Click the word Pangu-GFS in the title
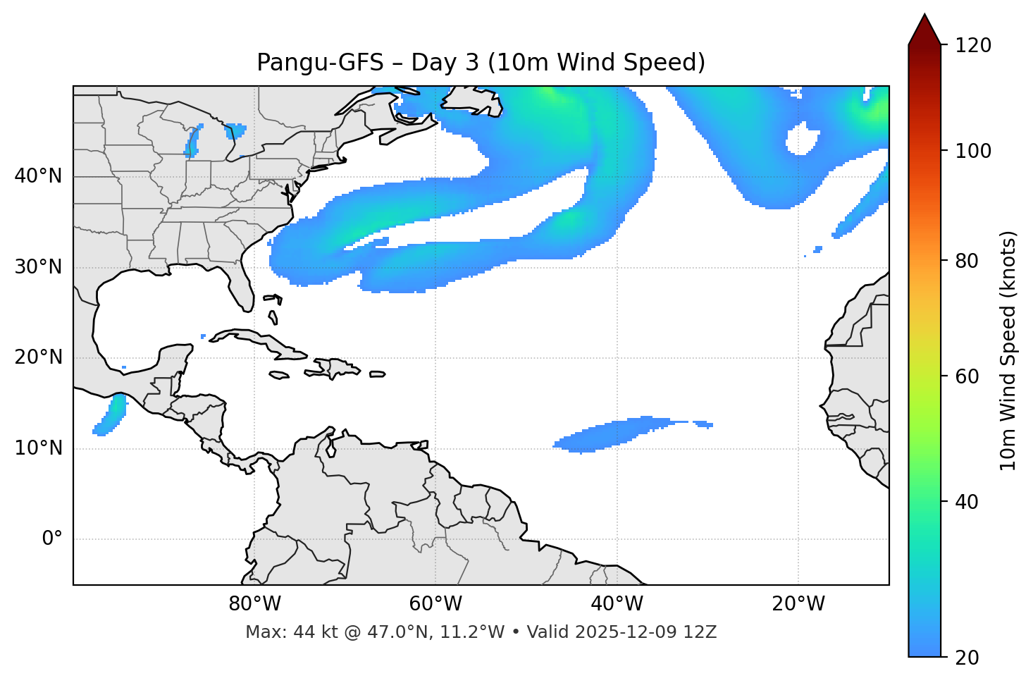[320, 63]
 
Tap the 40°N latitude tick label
[38, 176]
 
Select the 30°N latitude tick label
[38, 267]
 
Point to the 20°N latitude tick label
[38, 357]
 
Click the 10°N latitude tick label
[38, 448]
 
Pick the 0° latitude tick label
[52, 539]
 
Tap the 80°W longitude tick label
[254, 604]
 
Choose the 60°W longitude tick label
[435, 604]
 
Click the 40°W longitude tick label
[617, 604]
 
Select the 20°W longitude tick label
[798, 604]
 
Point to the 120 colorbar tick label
[974, 45]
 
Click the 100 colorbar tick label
[974, 151]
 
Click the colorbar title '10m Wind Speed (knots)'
[1008, 350]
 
